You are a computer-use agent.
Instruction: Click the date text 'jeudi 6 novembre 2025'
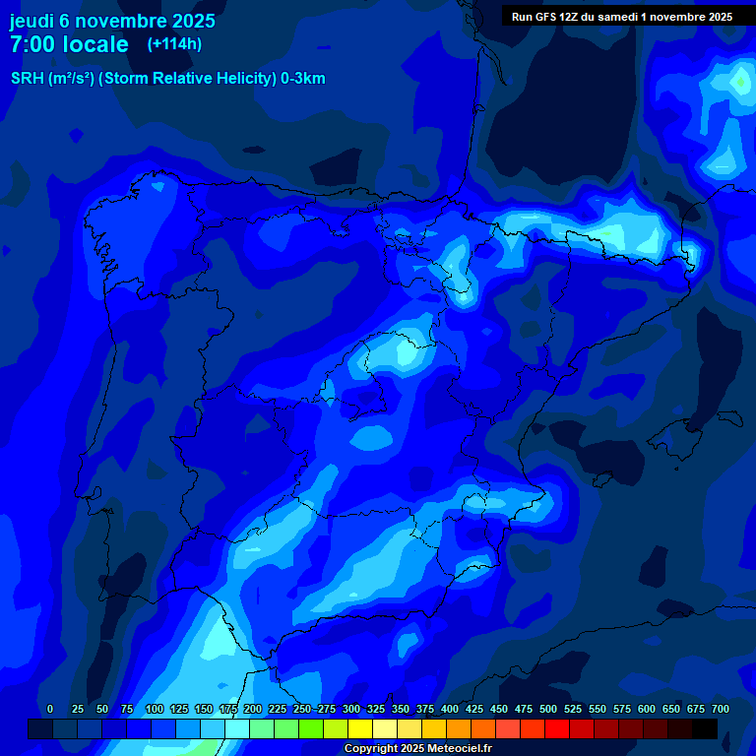coord(112,21)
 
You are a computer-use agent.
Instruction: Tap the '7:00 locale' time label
coord(69,44)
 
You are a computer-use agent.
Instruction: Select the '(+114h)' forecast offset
coord(174,43)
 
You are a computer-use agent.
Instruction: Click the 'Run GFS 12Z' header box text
coord(621,17)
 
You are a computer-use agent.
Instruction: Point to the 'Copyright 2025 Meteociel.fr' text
coord(417,748)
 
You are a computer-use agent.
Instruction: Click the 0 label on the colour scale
coord(50,709)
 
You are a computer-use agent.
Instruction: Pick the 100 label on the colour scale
coord(154,709)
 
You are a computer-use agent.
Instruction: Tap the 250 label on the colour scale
coord(301,709)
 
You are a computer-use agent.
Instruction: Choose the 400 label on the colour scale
coord(450,709)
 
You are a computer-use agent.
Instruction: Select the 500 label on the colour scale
coord(548,709)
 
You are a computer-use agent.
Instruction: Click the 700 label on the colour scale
coord(720,709)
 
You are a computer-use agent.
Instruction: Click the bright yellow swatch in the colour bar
coord(360,729)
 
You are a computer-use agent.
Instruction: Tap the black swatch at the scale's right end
coord(705,729)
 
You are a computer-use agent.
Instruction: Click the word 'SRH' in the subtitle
coord(28,79)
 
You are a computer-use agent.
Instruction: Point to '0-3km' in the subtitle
coord(303,79)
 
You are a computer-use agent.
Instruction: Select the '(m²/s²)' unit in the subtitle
coord(71,79)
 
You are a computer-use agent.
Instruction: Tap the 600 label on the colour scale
coord(647,709)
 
